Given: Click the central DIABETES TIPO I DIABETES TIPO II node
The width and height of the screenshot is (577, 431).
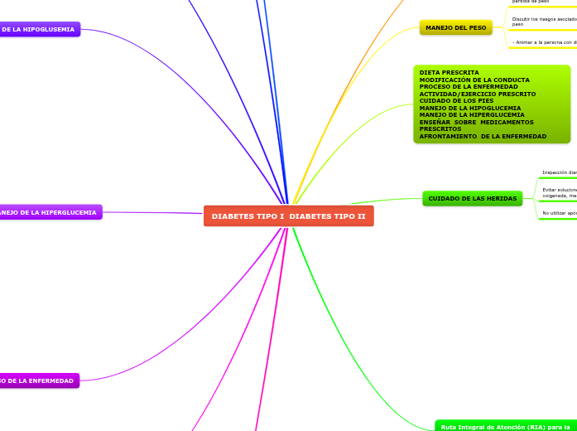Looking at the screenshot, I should [288, 216].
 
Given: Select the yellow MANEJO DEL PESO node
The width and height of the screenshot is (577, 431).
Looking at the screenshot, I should [455, 28].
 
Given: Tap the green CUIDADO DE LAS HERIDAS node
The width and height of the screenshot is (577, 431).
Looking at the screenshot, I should [472, 199].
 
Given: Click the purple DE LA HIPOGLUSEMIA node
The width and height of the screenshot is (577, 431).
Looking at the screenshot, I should [39, 30].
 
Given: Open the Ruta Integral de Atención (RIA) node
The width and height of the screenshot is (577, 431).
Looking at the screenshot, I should [504, 426].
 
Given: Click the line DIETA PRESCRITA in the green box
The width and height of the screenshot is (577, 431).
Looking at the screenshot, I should [450, 73].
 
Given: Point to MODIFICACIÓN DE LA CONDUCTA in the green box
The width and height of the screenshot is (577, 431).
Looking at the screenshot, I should [474, 80].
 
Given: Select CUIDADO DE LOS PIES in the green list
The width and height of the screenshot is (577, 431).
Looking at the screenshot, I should [456, 101].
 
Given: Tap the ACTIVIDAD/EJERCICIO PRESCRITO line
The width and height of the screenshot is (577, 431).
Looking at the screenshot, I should [478, 94].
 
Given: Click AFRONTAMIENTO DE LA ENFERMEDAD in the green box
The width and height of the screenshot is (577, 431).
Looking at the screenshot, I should [483, 136].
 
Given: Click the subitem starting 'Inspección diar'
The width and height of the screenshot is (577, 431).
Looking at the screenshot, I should [559, 173].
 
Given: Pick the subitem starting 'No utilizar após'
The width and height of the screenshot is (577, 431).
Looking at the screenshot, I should [559, 214].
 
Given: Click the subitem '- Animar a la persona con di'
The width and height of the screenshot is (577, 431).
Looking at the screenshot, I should [544, 42].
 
